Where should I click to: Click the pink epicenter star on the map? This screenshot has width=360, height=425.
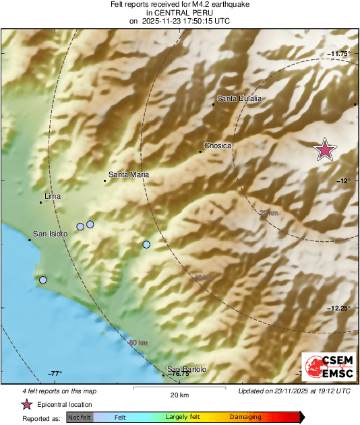326,150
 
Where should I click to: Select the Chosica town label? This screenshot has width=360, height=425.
218,145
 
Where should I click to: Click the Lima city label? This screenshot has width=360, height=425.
53,197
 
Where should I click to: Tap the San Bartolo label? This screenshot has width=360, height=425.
187,369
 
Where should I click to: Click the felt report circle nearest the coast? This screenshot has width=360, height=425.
43,280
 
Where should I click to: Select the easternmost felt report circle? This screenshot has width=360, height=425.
146,244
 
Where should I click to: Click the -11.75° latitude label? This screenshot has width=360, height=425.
338,53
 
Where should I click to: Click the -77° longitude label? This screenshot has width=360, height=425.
55,374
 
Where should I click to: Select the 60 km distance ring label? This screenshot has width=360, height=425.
138,343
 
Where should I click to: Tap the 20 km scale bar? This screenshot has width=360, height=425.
179,388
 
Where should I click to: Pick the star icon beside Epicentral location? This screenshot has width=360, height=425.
26,404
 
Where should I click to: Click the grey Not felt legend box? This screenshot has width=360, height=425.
80,418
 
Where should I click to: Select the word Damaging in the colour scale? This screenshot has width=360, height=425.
245,418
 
